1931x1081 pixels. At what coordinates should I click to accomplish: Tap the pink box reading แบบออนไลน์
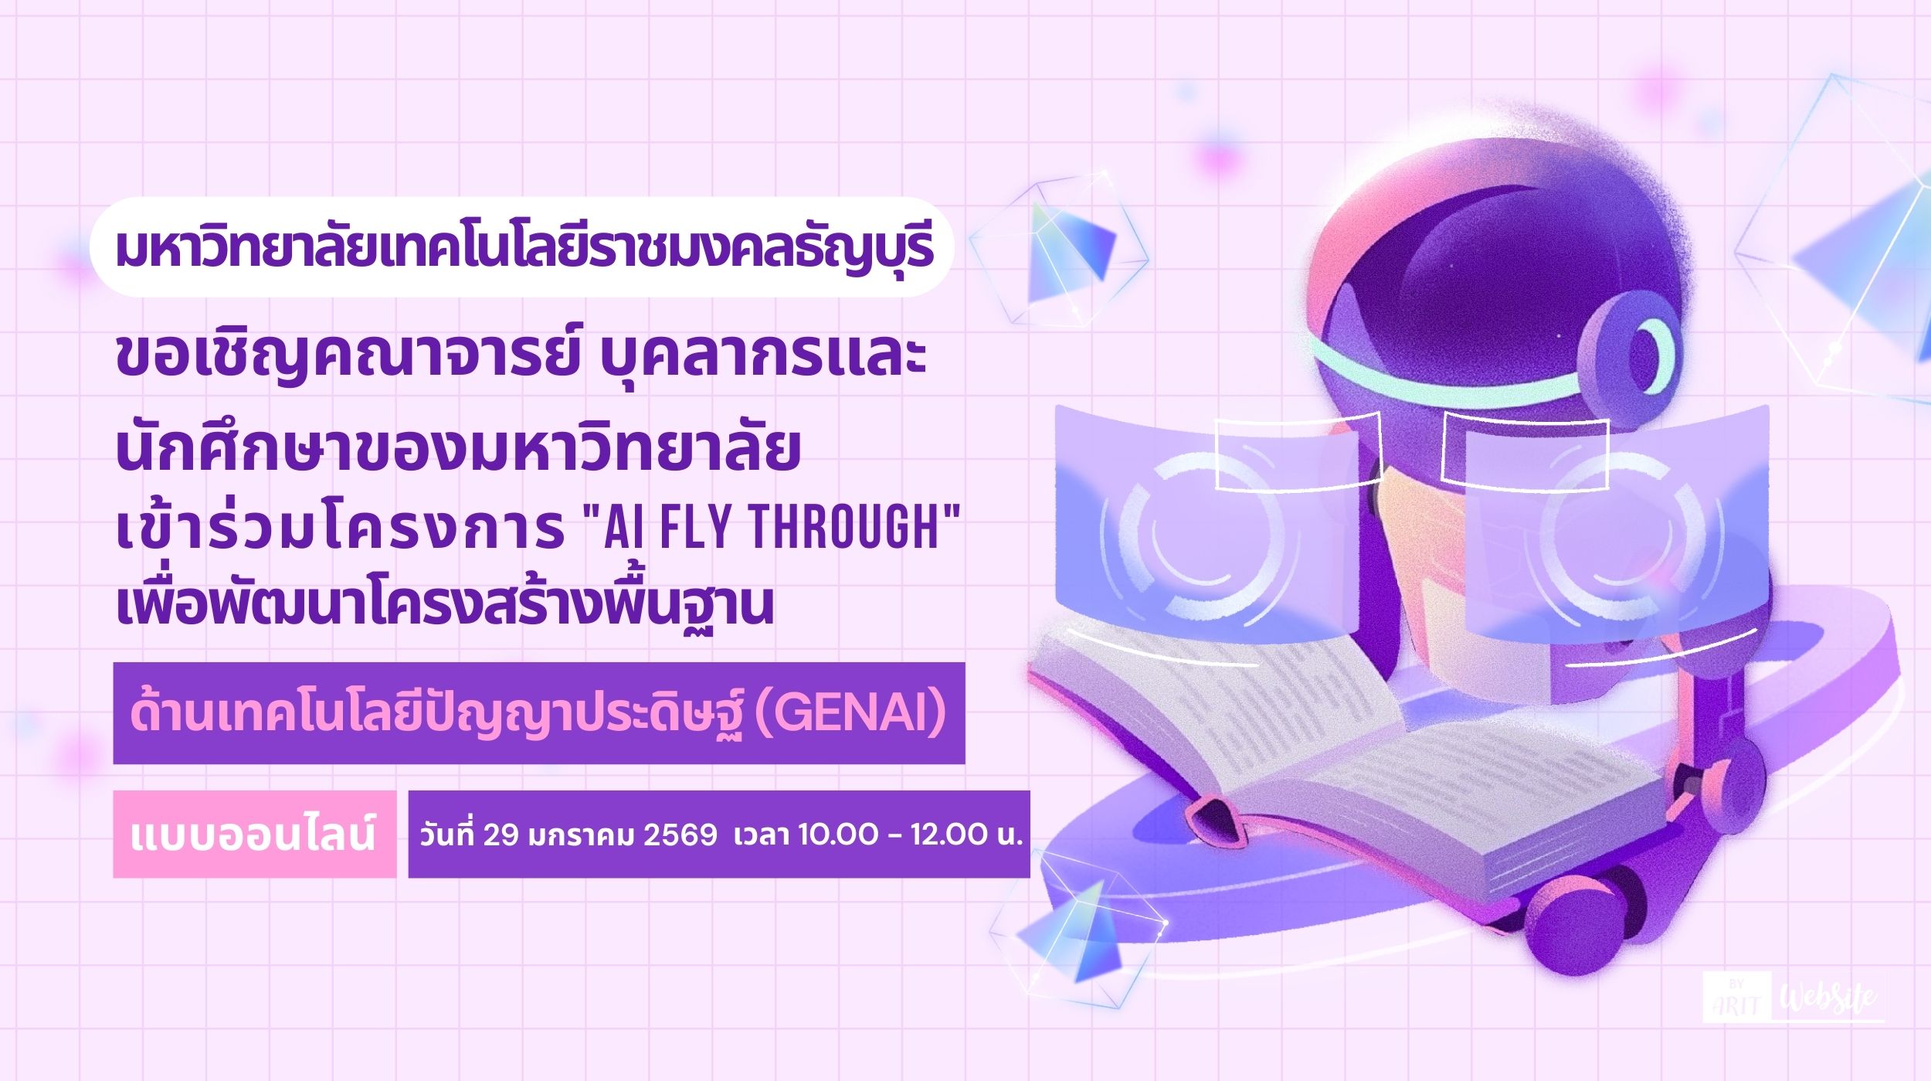pos(254,835)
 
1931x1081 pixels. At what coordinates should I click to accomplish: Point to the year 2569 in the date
pos(680,835)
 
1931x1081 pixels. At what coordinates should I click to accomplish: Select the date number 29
pos(501,835)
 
